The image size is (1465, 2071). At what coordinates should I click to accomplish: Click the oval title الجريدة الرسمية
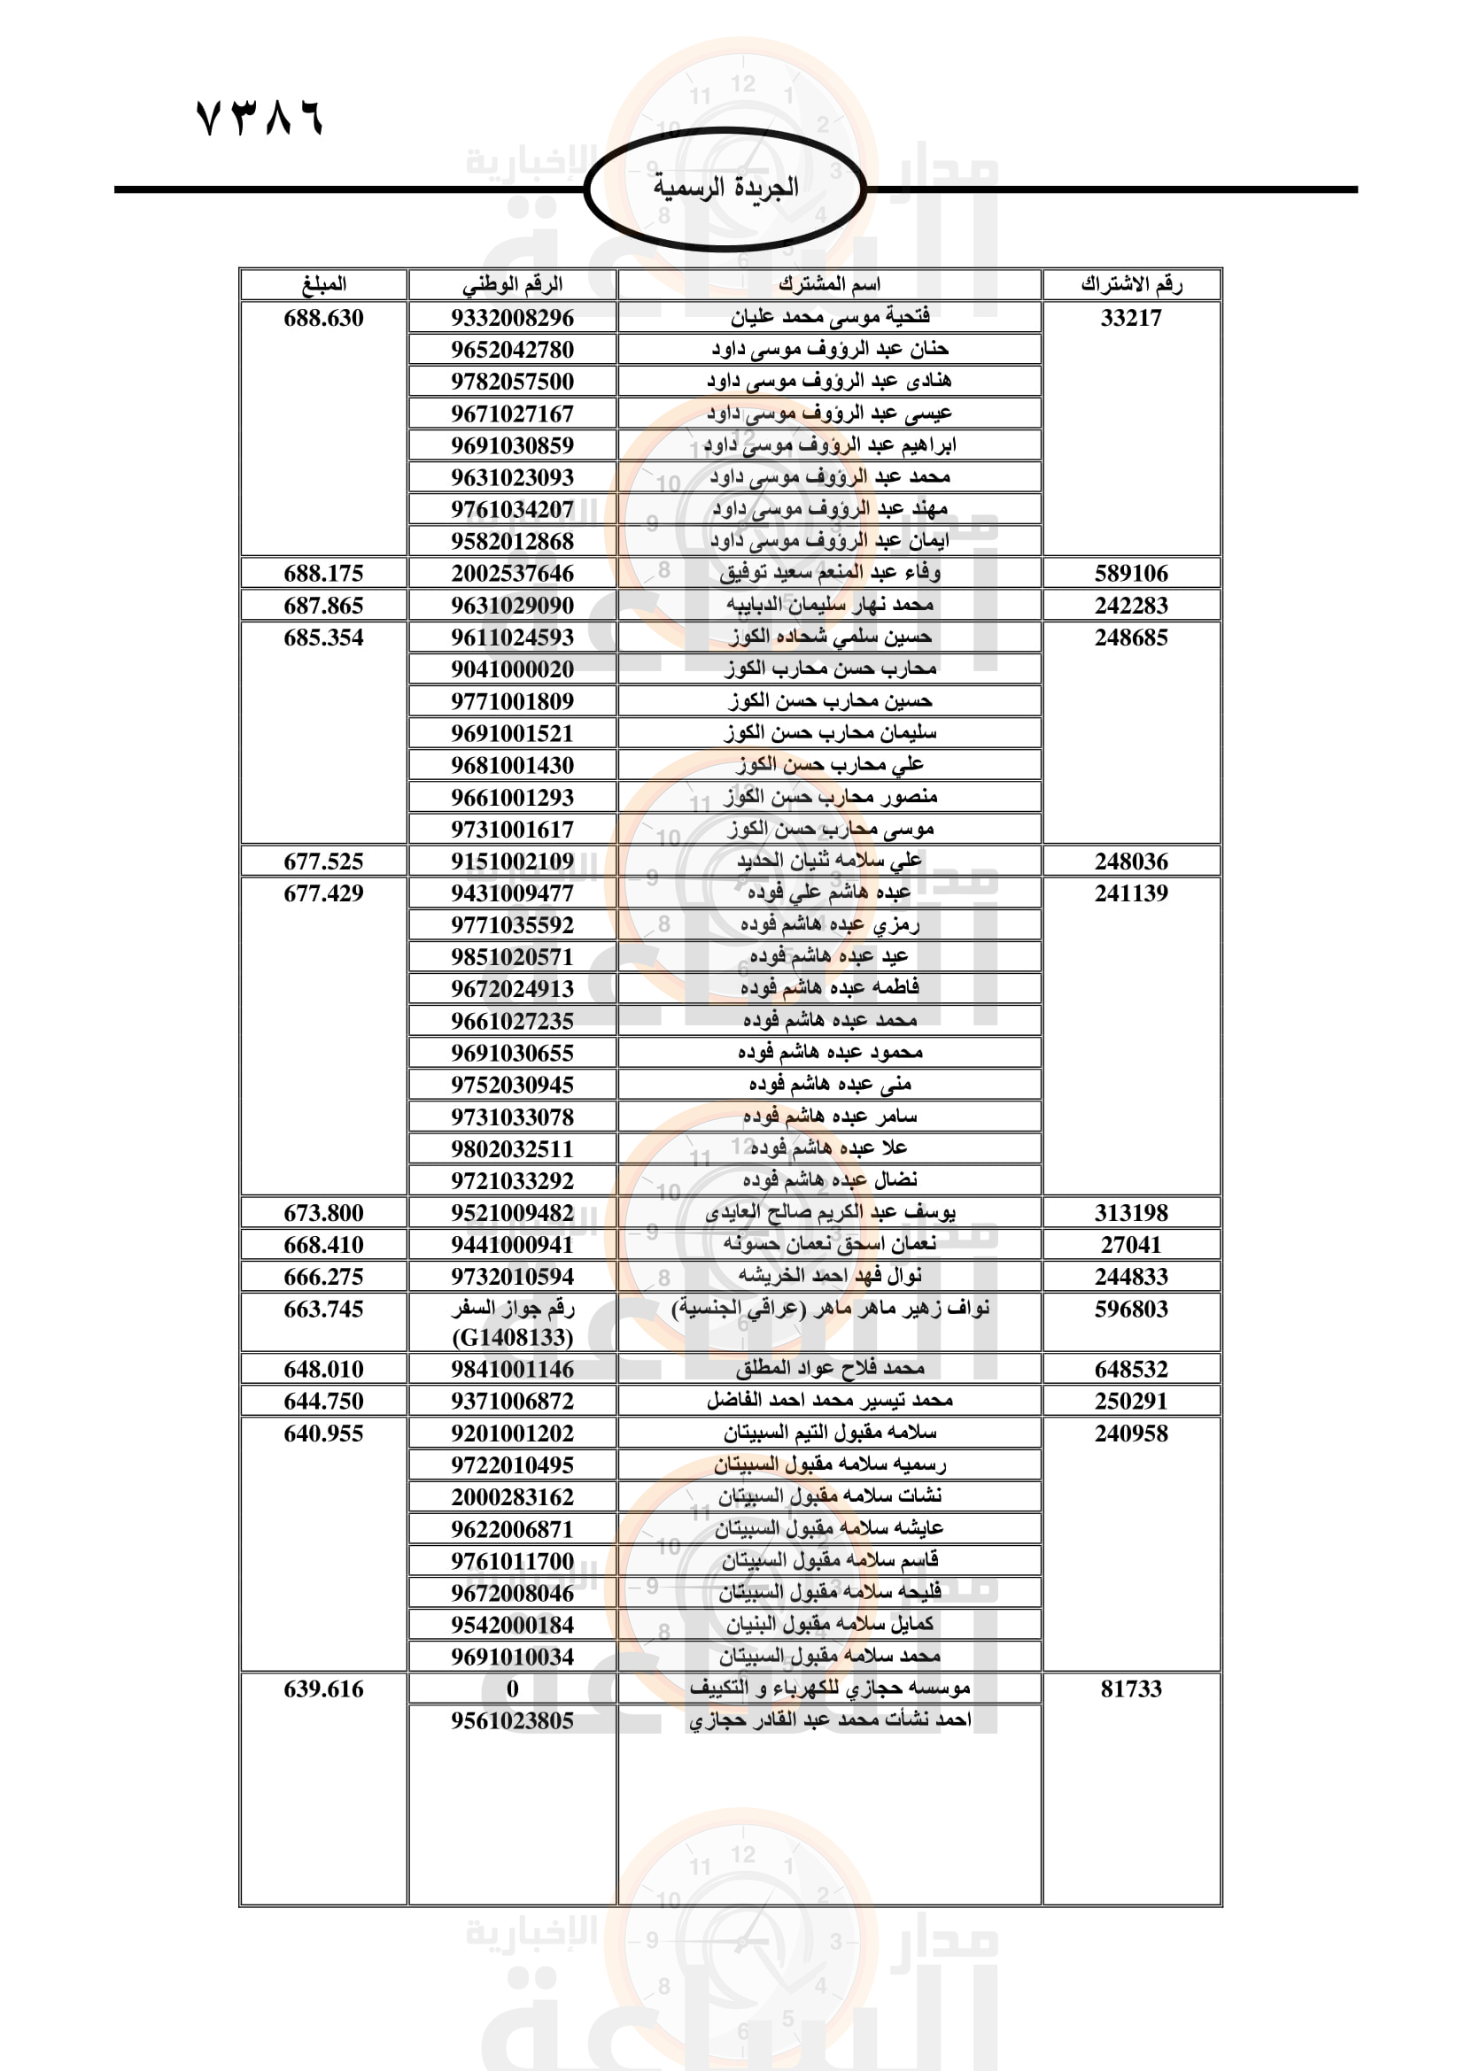tap(725, 188)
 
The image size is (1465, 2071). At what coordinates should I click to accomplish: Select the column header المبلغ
tap(323, 284)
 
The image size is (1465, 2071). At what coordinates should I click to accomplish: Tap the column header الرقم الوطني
tap(512, 284)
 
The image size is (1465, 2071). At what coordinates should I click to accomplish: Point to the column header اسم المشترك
tap(829, 284)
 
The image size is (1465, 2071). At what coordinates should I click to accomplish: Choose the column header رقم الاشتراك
tap(1131, 284)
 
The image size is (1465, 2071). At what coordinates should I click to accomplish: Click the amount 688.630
tap(323, 318)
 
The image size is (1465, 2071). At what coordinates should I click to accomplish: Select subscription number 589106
tap(1131, 574)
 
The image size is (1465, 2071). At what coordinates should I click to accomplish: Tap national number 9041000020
tap(512, 669)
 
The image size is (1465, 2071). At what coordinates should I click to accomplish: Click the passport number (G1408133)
tap(512, 1337)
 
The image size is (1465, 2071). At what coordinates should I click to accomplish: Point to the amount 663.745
tap(323, 1309)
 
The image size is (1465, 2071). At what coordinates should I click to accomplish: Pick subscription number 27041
tap(1131, 1245)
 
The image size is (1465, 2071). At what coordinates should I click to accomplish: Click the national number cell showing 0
tap(512, 1688)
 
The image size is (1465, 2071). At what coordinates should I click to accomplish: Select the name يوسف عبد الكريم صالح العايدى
tap(829, 1212)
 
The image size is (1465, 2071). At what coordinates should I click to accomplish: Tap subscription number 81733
tap(1131, 1688)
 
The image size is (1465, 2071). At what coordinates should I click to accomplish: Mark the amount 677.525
tap(323, 862)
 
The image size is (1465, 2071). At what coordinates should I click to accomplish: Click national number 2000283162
tap(512, 1496)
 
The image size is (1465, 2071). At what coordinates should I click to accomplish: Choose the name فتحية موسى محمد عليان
tap(829, 317)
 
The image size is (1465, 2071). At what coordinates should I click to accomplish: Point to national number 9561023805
tap(512, 1720)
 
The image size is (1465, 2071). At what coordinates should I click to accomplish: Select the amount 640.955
tap(323, 1433)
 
